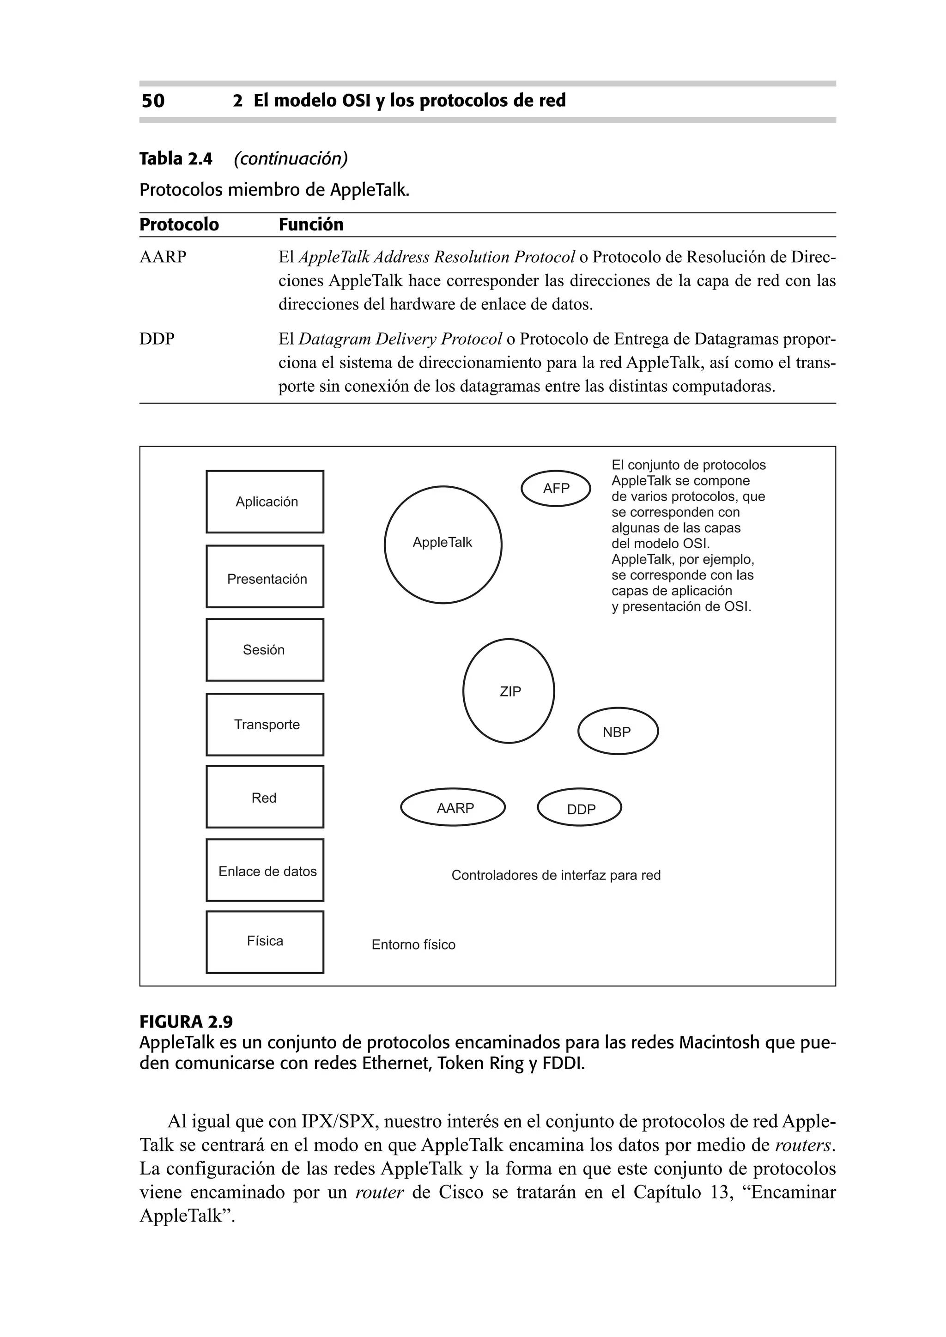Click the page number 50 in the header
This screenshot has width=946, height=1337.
152,101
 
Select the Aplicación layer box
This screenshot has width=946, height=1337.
265,502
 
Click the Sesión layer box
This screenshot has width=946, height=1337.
265,650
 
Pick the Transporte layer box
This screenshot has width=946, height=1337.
265,725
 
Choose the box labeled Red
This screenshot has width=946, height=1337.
265,797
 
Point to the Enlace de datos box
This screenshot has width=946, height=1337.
265,870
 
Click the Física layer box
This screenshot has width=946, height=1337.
265,942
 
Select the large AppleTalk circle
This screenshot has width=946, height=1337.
443,544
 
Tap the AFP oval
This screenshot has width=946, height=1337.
556,489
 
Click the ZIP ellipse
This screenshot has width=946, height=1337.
509,691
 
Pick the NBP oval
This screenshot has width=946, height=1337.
618,732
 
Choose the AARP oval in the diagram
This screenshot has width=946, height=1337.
453,808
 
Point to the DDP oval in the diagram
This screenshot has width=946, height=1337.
579,808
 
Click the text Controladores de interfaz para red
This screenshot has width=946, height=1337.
556,875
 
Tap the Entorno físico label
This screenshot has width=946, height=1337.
413,944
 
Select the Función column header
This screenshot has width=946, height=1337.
311,225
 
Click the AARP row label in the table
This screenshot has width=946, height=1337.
163,257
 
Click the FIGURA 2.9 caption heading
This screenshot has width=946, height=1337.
186,1022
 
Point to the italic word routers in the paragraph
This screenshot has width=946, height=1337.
802,1145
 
